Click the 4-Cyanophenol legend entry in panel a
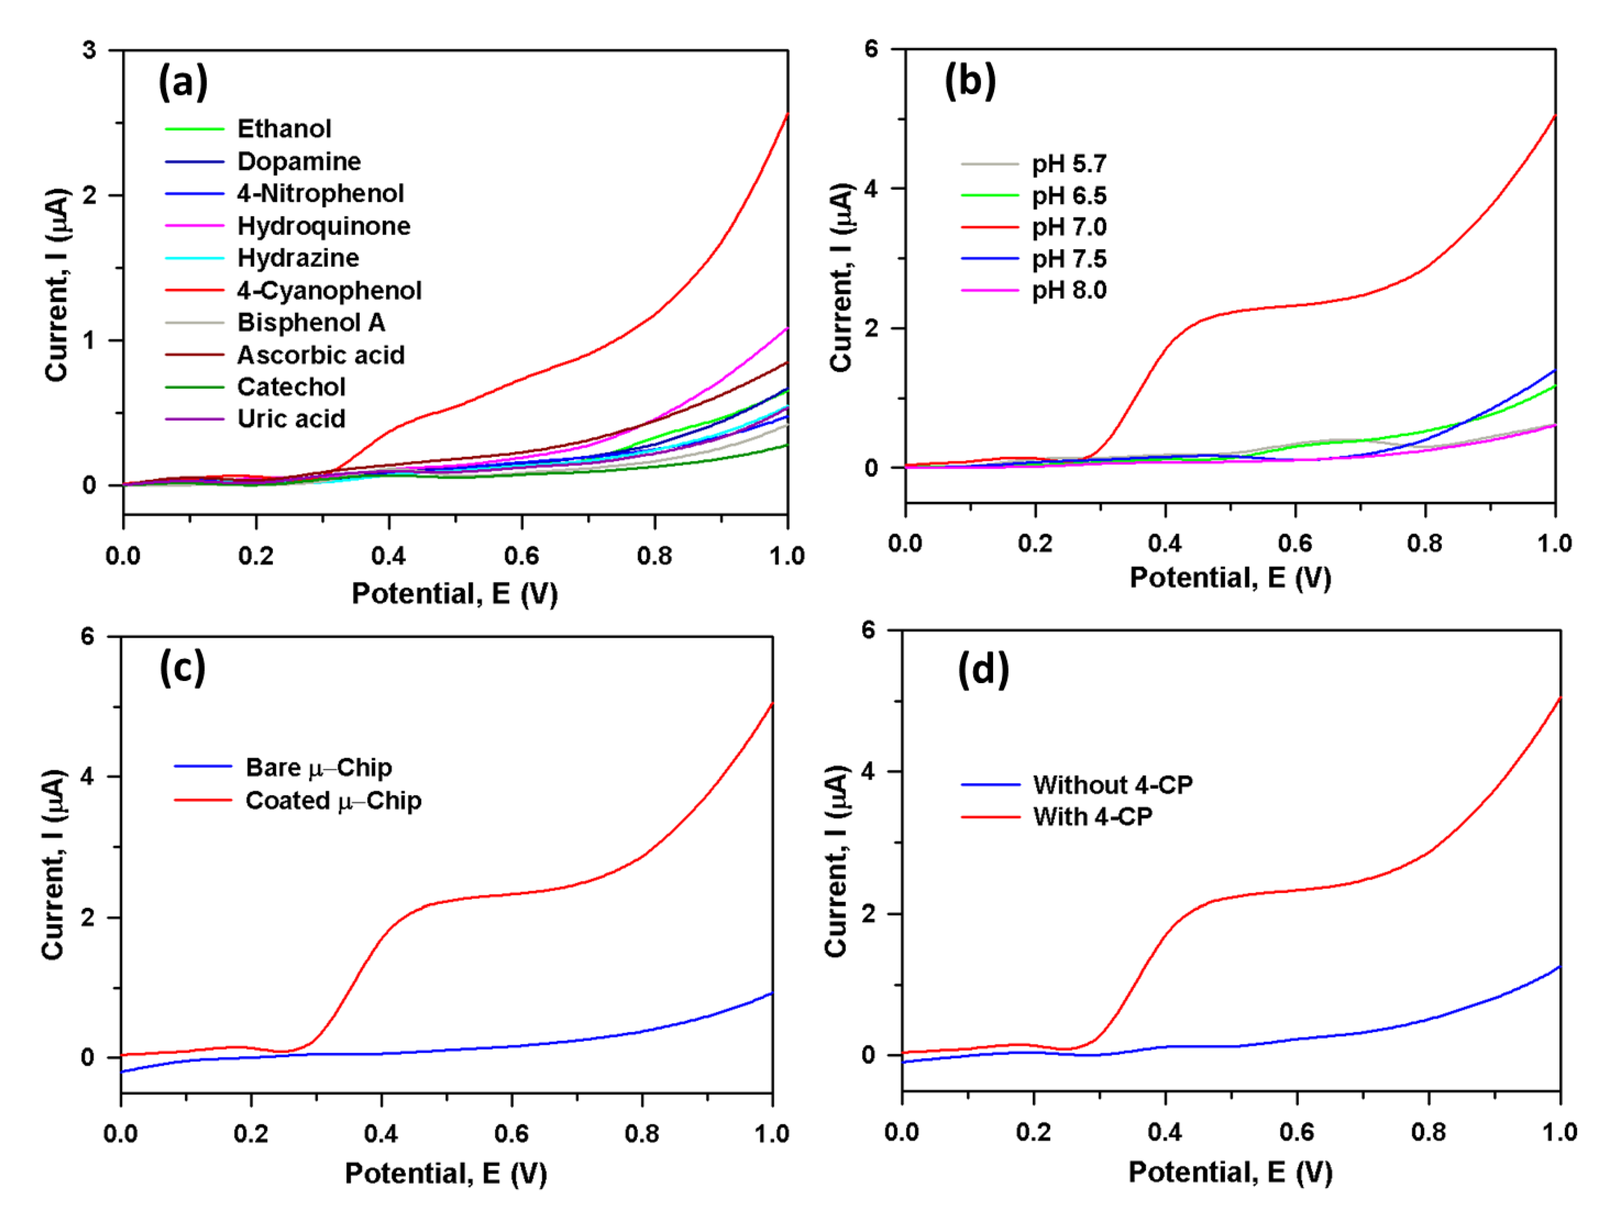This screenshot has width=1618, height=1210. click(329, 291)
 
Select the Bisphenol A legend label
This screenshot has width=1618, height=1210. click(311, 322)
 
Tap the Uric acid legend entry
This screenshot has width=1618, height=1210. click(291, 419)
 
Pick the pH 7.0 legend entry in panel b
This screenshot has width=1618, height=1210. click(1069, 227)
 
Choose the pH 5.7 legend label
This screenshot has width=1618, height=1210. click(1069, 164)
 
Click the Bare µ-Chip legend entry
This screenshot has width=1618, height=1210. click(318, 768)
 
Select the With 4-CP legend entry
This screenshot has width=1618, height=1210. click(1092, 817)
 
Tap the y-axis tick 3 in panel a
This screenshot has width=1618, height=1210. click(89, 51)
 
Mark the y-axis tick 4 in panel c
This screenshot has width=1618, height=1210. click(88, 776)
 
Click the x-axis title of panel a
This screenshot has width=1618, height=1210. click(454, 594)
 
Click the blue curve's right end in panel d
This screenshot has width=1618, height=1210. click(1560, 967)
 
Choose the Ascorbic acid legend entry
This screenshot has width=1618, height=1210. click(321, 355)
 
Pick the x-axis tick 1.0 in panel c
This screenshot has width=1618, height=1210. click(772, 1134)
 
